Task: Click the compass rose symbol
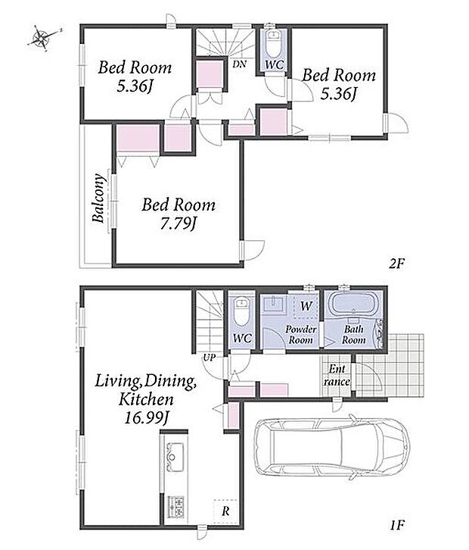42,38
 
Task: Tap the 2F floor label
396,264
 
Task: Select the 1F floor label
397,525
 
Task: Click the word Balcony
99,198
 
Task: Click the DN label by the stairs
240,64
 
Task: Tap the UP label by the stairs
209,358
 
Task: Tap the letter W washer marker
306,306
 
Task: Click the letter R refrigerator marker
226,511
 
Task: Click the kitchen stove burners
175,507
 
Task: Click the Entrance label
337,375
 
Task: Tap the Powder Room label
300,335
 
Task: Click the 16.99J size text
147,417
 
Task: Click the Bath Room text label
354,335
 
